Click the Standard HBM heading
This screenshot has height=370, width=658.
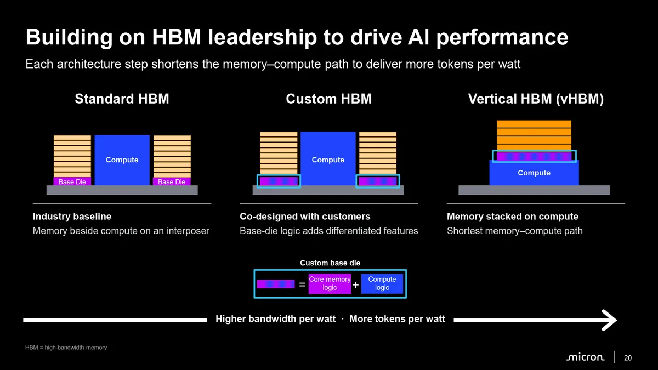[122, 99]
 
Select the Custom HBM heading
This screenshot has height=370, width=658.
[328, 99]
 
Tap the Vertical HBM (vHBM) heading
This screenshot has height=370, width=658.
[536, 99]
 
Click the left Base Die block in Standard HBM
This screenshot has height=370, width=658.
[72, 181]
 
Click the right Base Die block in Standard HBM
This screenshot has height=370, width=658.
[172, 181]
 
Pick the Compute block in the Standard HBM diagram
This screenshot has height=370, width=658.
[122, 160]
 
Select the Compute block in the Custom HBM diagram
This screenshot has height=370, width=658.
[328, 158]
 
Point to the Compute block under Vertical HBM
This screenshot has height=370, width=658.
[534, 173]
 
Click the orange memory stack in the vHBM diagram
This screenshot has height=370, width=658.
[534, 135]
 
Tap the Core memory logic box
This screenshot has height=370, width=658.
[330, 284]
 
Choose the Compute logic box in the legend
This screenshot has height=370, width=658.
[382, 284]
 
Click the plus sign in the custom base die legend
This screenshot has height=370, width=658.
[355, 285]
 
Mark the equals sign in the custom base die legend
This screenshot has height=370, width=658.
[302, 284]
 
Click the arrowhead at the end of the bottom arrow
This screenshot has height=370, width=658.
[610, 320]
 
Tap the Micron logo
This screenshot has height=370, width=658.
[586, 357]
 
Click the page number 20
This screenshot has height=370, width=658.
[628, 357]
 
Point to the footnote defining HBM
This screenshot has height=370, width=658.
[66, 348]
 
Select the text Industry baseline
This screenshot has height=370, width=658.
[72, 217]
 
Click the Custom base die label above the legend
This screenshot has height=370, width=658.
[330, 263]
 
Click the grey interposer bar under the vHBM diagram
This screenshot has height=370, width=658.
[534, 190]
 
